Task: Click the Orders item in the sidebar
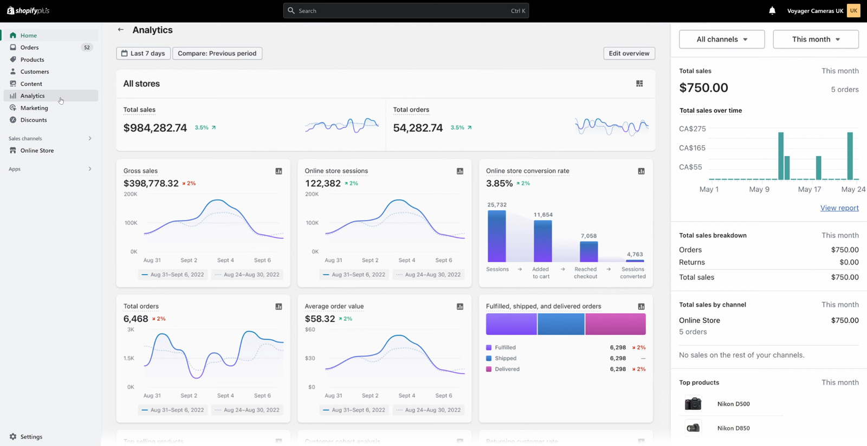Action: [29, 48]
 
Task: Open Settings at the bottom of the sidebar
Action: [31, 437]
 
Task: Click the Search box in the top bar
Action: [405, 11]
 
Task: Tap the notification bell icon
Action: [772, 11]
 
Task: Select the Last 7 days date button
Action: [143, 53]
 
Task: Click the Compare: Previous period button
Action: [217, 53]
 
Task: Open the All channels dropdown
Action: [721, 39]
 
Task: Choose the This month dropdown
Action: [816, 39]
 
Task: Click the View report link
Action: [839, 208]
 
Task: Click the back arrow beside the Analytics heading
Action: [121, 30]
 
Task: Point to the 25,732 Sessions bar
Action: [496, 236]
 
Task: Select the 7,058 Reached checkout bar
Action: [588, 251]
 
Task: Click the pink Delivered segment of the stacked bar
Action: [615, 324]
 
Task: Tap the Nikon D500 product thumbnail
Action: [693, 404]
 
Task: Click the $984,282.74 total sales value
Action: [155, 128]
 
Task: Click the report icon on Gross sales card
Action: [279, 171]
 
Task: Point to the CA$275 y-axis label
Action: [692, 129]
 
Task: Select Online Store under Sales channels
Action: [37, 151]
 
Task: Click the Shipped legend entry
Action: [505, 358]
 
